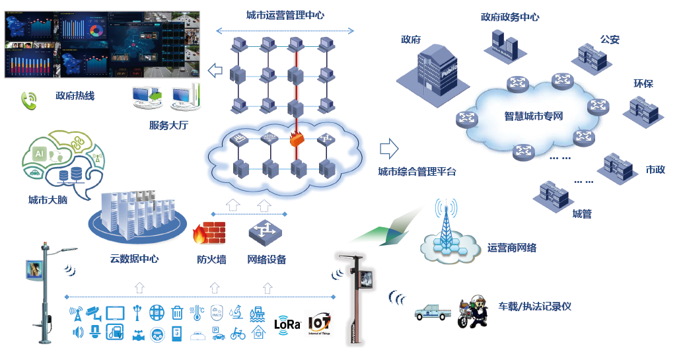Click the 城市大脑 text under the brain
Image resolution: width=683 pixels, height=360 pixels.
click(x=48, y=200)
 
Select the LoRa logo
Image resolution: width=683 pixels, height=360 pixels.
click(x=287, y=324)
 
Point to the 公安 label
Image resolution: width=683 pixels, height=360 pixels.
click(x=610, y=40)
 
